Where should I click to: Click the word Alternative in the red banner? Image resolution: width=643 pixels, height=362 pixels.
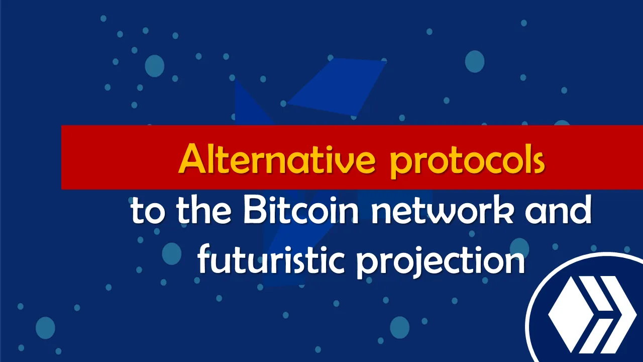coord(277,159)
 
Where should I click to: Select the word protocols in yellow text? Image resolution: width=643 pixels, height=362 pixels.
coord(467,161)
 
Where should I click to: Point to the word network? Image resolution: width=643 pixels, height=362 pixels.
coord(442,210)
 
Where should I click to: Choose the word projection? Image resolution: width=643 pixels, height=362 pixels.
coord(441,262)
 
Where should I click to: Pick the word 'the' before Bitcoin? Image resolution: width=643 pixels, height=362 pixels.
coord(204,210)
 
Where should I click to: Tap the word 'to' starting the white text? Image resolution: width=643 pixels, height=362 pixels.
coord(148,211)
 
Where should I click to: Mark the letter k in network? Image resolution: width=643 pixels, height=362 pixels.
coord(503,210)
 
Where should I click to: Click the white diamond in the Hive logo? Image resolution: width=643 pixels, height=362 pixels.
coord(568,315)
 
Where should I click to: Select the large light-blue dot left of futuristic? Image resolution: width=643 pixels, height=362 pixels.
coord(172,254)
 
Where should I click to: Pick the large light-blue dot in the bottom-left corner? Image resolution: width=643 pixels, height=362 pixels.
coord(45,328)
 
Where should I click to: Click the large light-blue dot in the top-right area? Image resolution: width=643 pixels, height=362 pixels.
coord(475,61)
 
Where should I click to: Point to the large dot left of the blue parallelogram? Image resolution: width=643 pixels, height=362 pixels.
coord(154,66)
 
